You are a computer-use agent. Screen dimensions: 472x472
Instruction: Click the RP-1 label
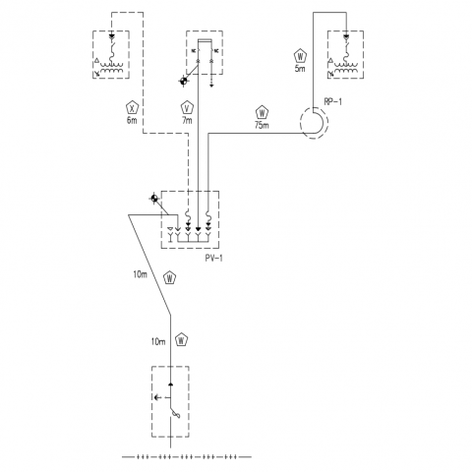[x=332, y=101]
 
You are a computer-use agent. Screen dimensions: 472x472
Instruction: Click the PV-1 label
[x=214, y=259]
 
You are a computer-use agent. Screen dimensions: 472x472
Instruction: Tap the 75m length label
[x=262, y=125]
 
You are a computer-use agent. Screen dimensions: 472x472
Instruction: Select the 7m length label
[x=187, y=120]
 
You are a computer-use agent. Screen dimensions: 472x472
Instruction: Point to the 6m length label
[x=132, y=120]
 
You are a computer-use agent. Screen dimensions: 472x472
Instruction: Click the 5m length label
[x=300, y=69]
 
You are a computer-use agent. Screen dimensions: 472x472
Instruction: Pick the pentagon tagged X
[x=133, y=108]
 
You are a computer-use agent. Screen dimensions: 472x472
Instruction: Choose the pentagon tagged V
[x=188, y=108]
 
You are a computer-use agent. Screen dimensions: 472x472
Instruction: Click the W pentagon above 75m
[x=262, y=113]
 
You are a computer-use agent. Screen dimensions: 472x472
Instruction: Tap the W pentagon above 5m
[x=300, y=56]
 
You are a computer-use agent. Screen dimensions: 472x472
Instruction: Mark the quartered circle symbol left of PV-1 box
[x=154, y=198]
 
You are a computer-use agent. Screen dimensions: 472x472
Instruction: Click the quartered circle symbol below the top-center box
[x=184, y=81]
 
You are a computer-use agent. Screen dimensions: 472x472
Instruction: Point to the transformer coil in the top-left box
[x=112, y=68]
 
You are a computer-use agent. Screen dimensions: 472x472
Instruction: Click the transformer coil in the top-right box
[x=345, y=68]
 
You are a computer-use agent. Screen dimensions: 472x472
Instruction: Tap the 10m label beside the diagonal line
[x=141, y=274]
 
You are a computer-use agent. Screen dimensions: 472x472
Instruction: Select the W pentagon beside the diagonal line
[x=170, y=278]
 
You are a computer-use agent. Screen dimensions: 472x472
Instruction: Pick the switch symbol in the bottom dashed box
[x=174, y=412]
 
